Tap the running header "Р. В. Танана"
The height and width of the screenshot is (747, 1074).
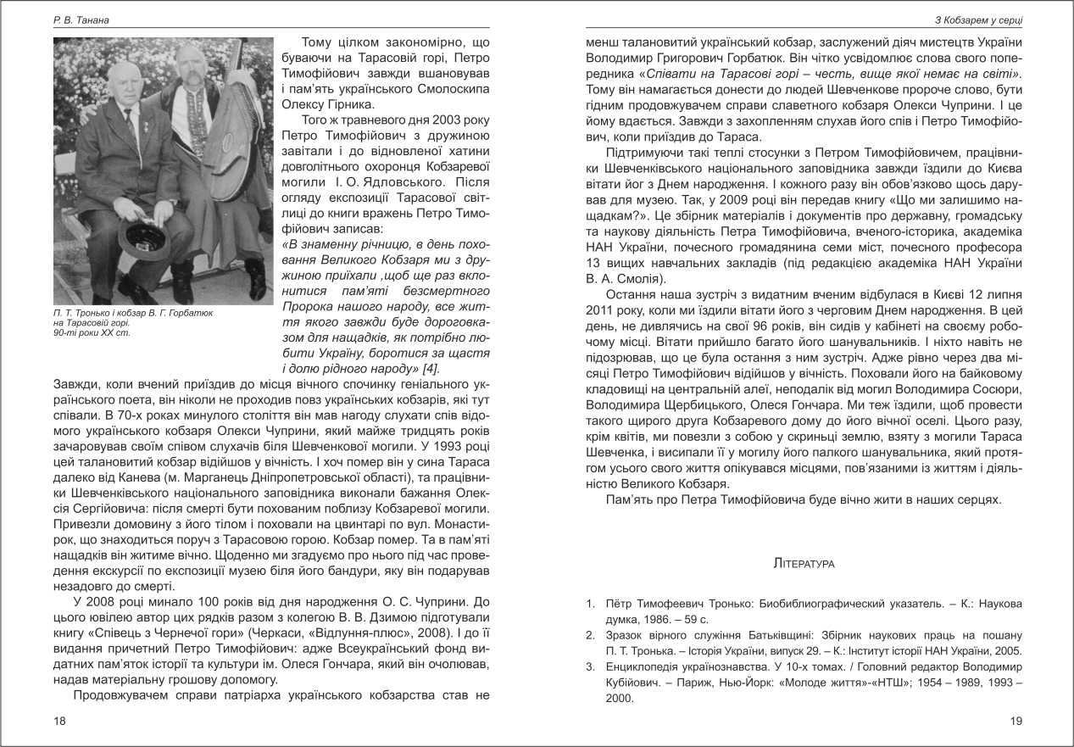pos(76,19)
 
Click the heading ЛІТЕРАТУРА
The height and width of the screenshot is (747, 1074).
pos(805,563)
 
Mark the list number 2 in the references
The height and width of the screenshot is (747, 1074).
pos(590,635)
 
